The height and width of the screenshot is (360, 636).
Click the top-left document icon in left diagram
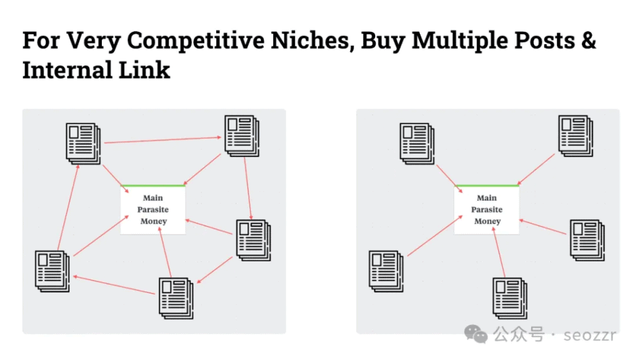[83, 143]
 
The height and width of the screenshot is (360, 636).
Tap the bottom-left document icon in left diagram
[52, 271]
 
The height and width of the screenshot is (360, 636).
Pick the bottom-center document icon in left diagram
[176, 298]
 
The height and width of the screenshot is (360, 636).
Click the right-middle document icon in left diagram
[253, 240]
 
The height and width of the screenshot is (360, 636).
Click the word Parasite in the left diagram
[153, 210]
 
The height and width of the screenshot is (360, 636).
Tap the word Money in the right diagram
[487, 221]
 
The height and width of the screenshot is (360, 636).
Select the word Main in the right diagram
[487, 198]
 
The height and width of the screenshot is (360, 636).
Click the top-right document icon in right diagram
[575, 135]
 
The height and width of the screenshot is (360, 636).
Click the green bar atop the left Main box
[153, 186]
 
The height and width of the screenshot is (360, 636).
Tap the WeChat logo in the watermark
[479, 336]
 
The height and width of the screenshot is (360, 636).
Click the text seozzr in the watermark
[590, 336]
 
